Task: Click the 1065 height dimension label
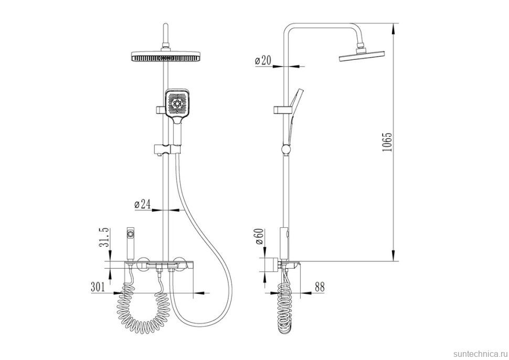click(388, 142)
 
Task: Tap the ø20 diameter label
click(263, 60)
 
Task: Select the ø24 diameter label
click(143, 204)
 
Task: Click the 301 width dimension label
click(98, 287)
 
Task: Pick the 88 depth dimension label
click(320, 287)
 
